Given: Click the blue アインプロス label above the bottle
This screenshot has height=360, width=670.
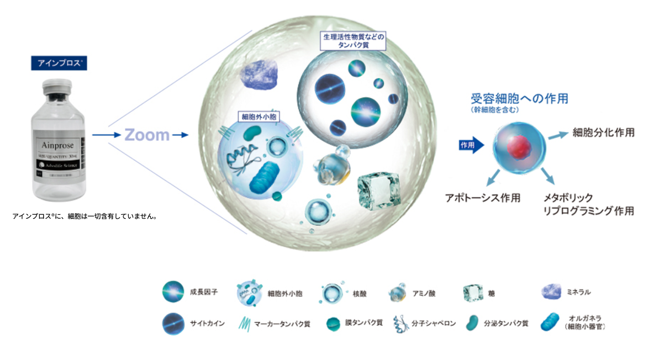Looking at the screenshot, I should (x=59, y=62).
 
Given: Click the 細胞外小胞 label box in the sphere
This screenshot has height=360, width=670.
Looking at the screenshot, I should (x=258, y=117).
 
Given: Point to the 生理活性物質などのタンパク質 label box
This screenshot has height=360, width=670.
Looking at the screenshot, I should (x=353, y=41).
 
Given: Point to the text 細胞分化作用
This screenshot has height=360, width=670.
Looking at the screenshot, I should (x=603, y=133).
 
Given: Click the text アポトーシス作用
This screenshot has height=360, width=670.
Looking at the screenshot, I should (x=482, y=198).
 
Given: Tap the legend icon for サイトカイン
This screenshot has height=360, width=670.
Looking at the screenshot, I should (x=173, y=323).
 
